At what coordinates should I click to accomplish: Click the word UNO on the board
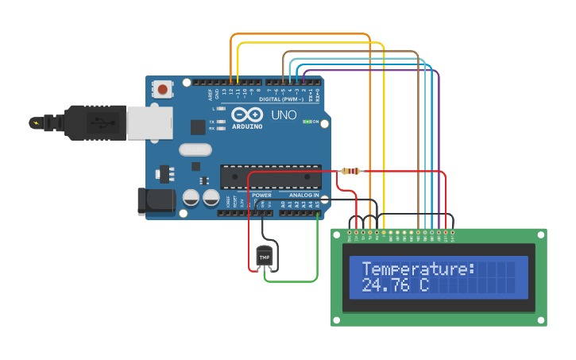click(x=284, y=115)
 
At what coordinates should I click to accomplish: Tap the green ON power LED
click(x=307, y=122)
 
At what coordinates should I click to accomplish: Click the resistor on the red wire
click(x=350, y=171)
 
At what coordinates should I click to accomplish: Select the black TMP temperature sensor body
click(x=264, y=257)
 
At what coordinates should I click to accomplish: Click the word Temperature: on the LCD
click(x=418, y=269)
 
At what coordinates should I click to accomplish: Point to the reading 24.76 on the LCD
click(x=386, y=285)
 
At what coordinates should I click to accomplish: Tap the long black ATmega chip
click(x=270, y=176)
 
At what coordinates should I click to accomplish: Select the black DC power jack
click(x=157, y=201)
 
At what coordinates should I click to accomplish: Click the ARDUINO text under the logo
click(x=247, y=126)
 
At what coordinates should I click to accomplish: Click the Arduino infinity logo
click(x=247, y=115)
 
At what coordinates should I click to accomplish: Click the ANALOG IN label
click(x=303, y=195)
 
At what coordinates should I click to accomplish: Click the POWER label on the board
click(x=261, y=195)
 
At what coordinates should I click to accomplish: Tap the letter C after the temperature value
click(x=423, y=285)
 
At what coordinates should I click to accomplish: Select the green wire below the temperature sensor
click(x=290, y=281)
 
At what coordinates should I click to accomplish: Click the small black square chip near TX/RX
click(x=198, y=126)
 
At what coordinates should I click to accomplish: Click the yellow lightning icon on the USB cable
click(x=36, y=122)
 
